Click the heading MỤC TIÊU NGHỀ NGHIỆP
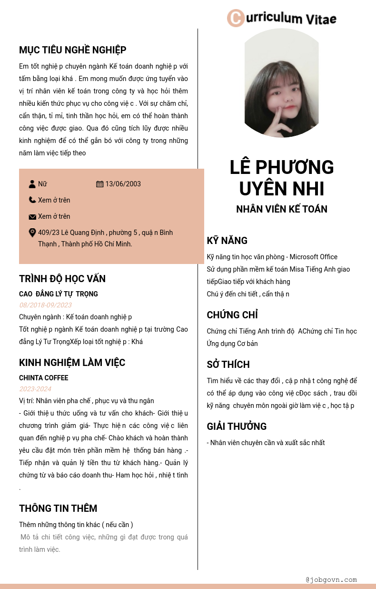pos(72,50)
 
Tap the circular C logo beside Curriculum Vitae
pos(236,18)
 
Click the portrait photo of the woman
pos(281,83)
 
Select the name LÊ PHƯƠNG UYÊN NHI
pos(282,178)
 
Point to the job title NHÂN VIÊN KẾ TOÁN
pos(282,209)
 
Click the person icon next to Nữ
pos(32,184)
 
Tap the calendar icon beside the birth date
pos(100,184)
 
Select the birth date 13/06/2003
pos(123,184)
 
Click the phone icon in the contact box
pos(32,200)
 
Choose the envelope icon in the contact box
pos(32,217)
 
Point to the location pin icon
pos(32,233)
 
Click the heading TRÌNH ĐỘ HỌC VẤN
pos(62,279)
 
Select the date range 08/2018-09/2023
pos(45,305)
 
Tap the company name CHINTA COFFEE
pos(44,378)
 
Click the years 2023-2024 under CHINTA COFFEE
pos(35,389)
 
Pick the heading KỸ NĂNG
pos(227,241)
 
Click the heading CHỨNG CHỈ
pos(232,315)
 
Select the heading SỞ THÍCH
pos(228,365)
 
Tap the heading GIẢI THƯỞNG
pos(237,427)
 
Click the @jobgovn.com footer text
pos(331,580)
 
